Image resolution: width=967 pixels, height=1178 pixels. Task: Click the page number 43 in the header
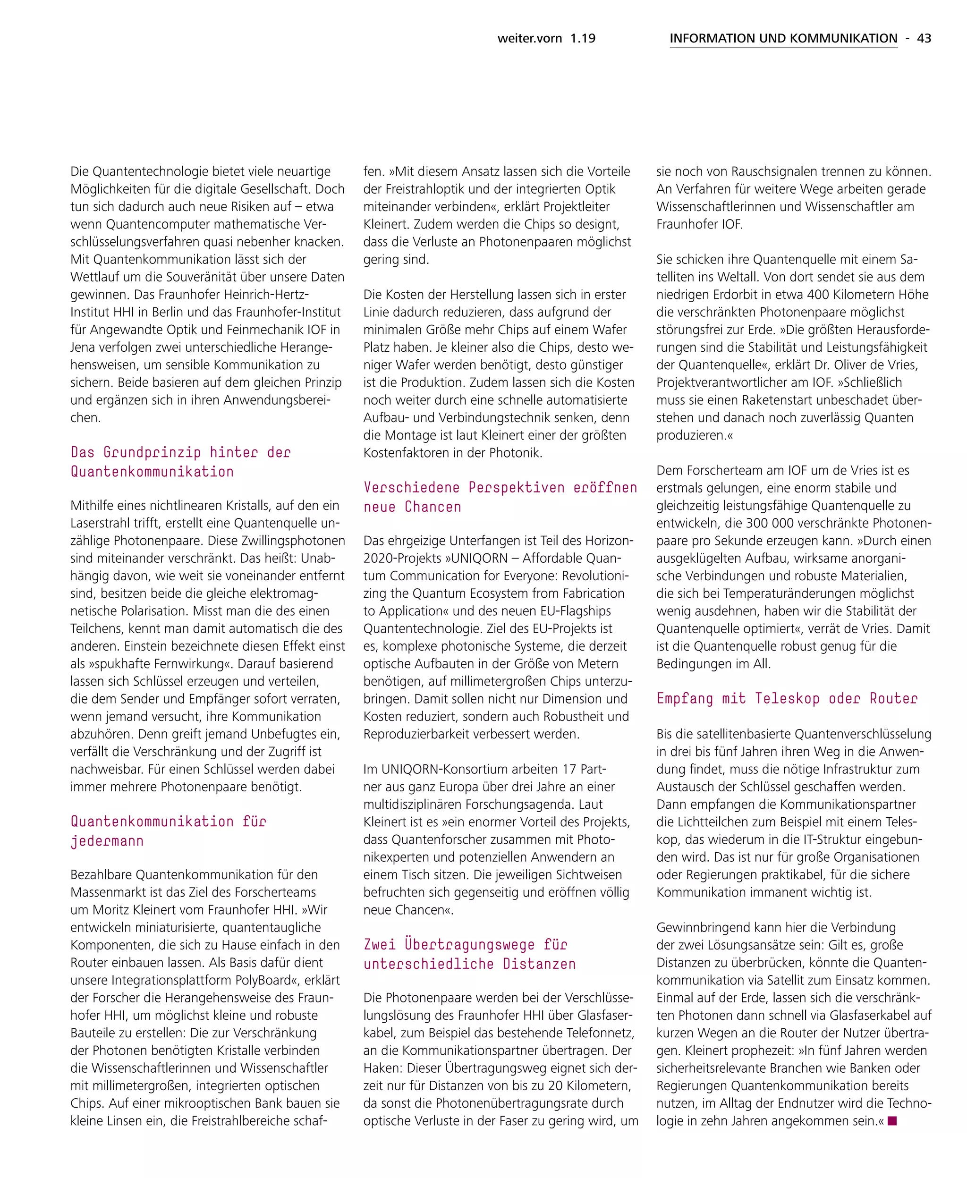click(x=924, y=38)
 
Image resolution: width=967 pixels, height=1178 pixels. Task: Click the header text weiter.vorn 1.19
click(x=546, y=38)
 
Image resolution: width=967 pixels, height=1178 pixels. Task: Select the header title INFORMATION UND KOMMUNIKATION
click(x=783, y=38)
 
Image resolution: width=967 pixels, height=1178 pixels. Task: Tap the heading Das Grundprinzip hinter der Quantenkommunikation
click(x=180, y=462)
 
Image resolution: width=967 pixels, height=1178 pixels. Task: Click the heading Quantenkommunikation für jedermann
click(x=168, y=831)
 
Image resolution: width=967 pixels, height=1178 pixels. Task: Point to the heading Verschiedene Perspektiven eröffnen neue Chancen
click(x=500, y=497)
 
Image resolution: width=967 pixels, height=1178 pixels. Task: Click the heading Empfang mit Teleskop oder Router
click(x=787, y=698)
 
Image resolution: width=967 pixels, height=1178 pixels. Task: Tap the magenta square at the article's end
click(x=892, y=1120)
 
